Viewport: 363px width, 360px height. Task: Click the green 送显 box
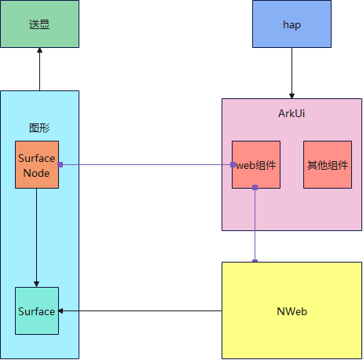coord(39,24)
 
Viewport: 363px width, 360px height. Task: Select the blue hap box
coord(291,24)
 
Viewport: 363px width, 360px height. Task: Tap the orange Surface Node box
coord(37,164)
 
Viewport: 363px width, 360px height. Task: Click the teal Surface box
coord(37,311)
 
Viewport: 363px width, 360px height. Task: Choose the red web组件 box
coord(255,165)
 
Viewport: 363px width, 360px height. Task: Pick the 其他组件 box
coord(327,165)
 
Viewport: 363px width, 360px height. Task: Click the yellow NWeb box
coord(291,311)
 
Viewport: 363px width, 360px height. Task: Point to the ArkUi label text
coord(291,114)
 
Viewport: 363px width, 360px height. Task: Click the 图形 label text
coord(39,127)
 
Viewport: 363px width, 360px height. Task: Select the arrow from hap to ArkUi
coord(291,72)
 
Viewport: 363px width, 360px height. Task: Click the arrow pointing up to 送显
coord(39,69)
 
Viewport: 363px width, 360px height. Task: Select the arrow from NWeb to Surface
coord(141,311)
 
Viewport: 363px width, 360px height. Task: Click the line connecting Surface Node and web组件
coord(145,165)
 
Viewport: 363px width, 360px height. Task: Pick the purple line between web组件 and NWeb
coord(255,224)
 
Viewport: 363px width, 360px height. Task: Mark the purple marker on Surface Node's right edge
coord(60,164)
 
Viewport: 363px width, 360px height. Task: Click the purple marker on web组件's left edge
coord(233,165)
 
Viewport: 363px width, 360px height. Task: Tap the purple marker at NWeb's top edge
coord(255,260)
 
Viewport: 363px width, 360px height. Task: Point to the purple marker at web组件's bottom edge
coord(255,188)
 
